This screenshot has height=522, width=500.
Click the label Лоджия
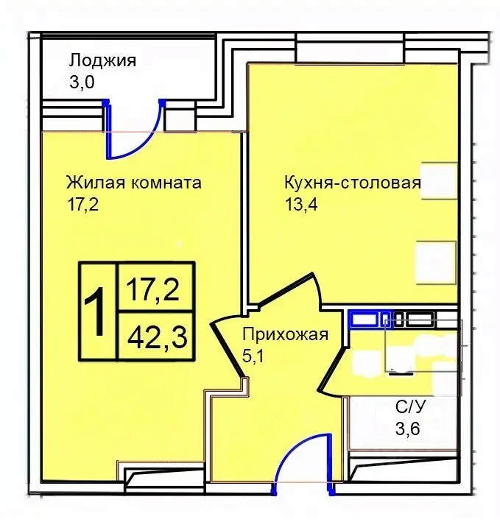point(102,60)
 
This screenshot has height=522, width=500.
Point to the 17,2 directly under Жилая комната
point(82,203)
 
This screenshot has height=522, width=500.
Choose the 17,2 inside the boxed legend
point(153,289)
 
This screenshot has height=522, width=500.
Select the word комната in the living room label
point(167,182)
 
